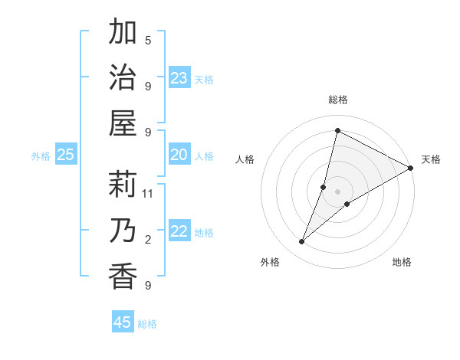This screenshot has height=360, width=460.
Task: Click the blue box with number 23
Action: coord(179,78)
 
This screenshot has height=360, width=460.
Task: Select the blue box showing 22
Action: coord(179,232)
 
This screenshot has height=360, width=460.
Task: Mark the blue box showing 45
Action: coord(123,322)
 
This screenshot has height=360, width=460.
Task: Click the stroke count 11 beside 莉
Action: coord(148,194)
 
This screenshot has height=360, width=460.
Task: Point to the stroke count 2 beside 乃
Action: coord(148,241)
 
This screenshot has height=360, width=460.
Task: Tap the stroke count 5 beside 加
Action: coord(148,40)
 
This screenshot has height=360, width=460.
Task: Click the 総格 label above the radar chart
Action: coord(338,100)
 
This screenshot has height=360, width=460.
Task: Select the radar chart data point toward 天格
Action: coord(411,169)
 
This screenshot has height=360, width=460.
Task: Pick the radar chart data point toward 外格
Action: coord(302,242)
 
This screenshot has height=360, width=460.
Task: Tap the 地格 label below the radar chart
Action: coord(402,262)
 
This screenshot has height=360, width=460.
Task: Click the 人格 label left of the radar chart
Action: coord(245,159)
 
